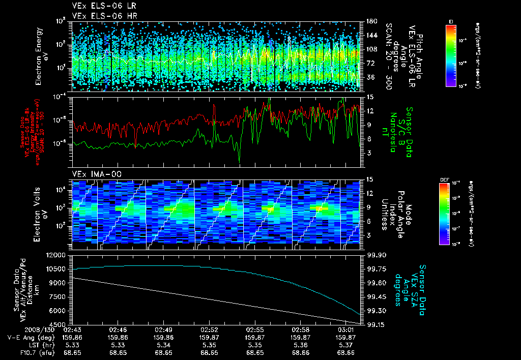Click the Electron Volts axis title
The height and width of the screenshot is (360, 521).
(x=42, y=214)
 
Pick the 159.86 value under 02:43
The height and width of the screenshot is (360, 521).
(x=73, y=337)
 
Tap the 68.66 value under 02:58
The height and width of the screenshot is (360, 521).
(x=300, y=352)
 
